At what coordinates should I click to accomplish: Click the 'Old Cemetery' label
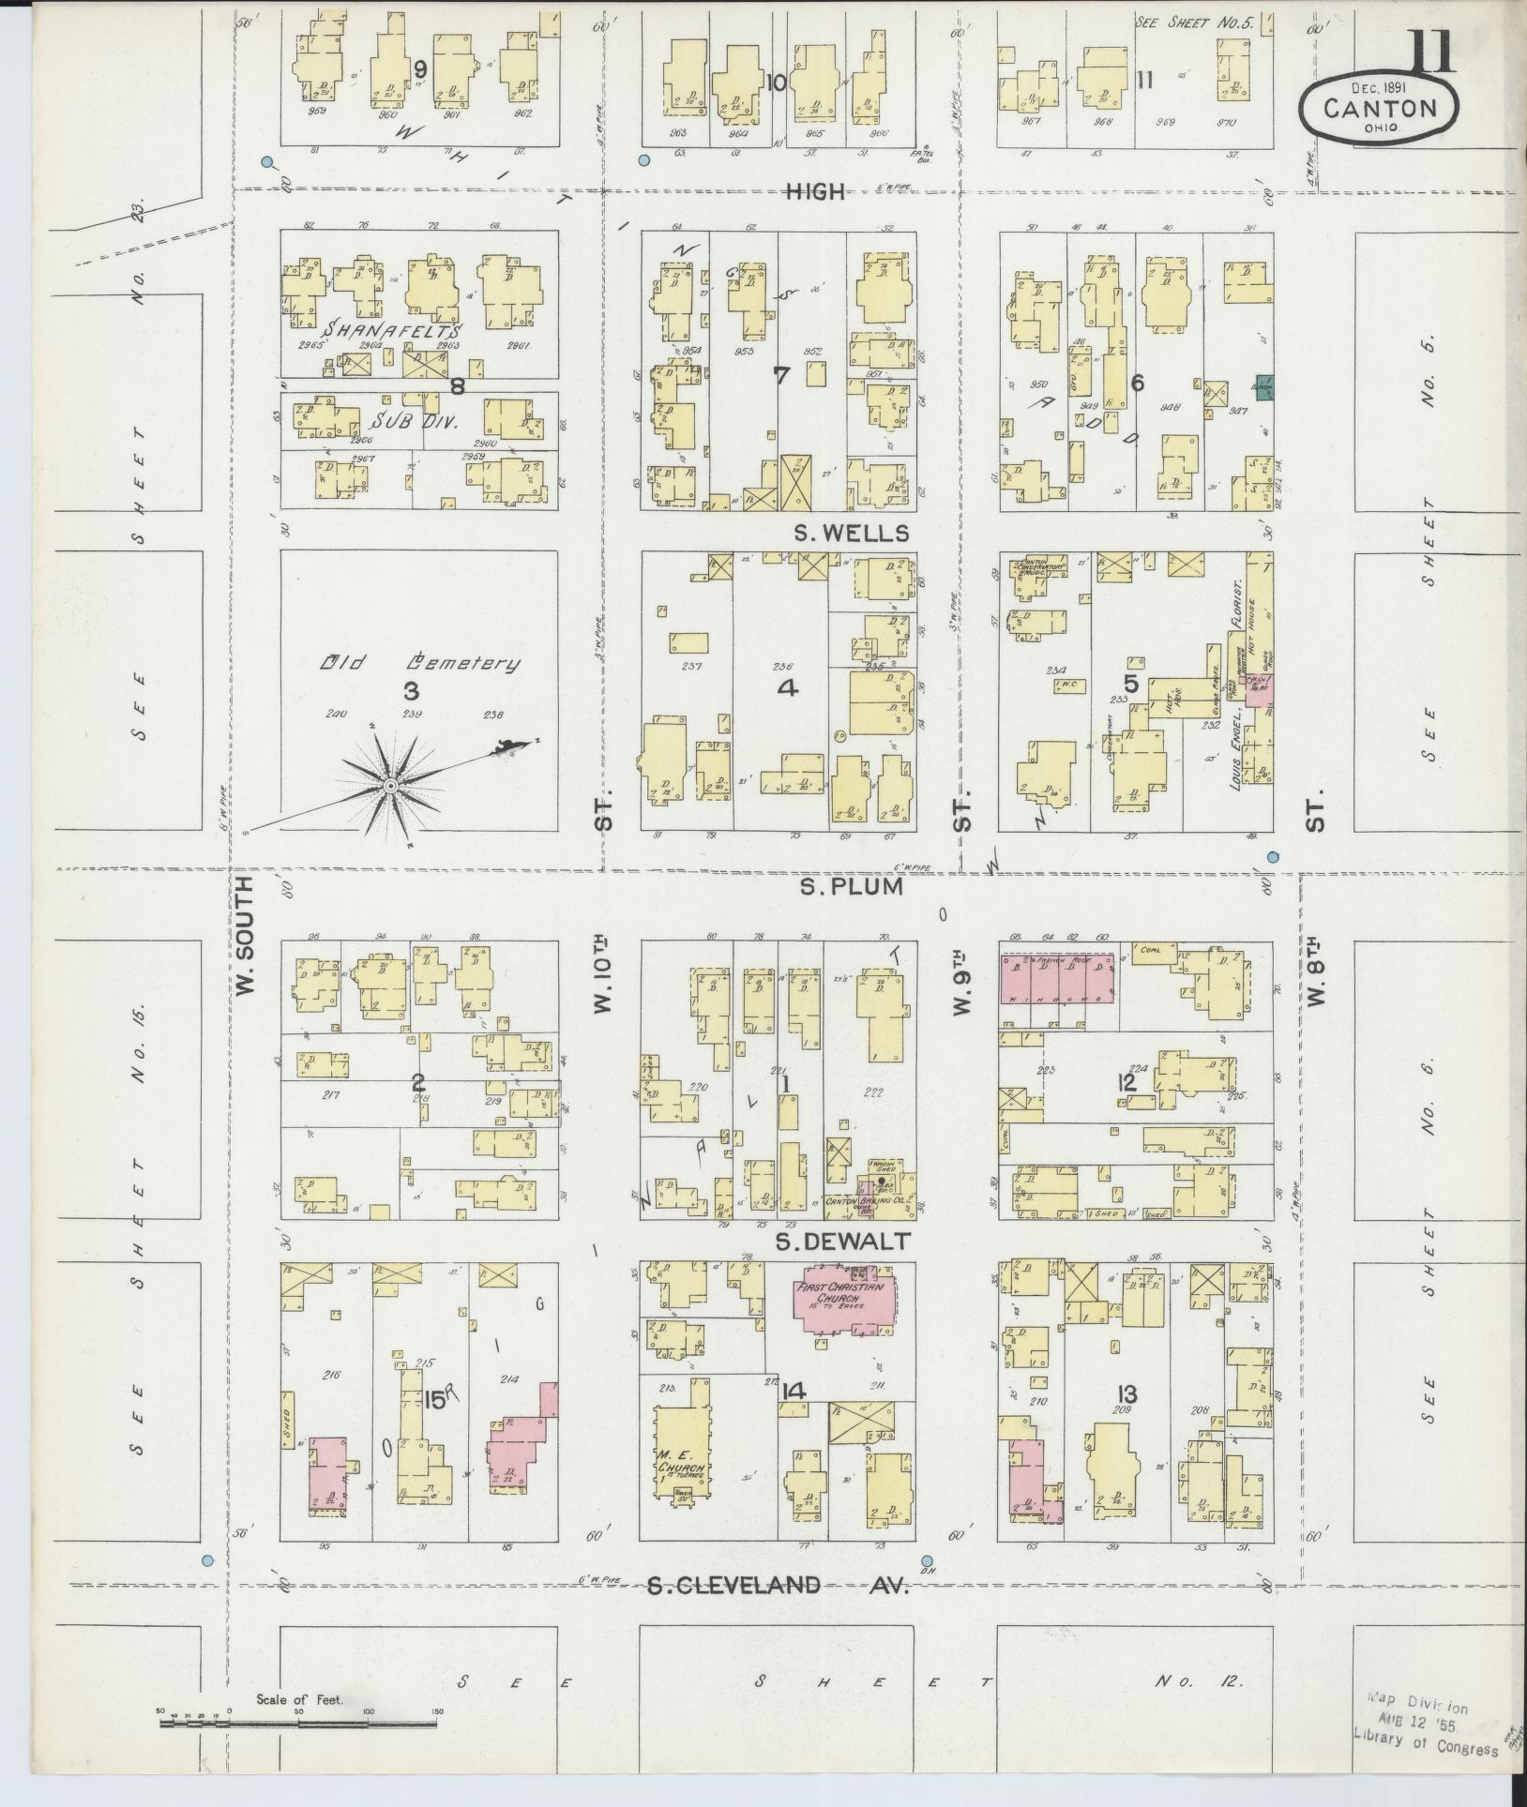(x=419, y=664)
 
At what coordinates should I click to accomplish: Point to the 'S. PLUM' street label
(x=851, y=887)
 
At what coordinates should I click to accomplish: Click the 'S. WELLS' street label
(x=851, y=534)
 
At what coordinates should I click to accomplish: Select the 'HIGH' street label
(x=814, y=192)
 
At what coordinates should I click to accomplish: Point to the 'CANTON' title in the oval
(x=1380, y=109)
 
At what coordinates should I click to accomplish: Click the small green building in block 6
(x=1262, y=385)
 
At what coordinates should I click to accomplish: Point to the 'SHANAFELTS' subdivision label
(x=393, y=331)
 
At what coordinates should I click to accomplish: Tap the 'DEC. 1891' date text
(x=1376, y=87)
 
